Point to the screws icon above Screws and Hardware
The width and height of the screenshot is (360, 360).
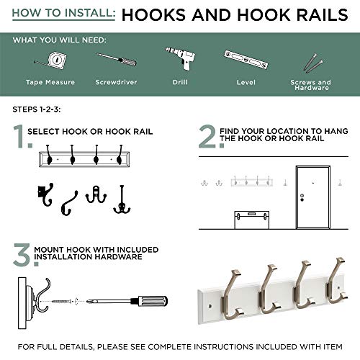[311, 62]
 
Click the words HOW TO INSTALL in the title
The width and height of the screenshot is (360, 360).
[62, 14]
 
